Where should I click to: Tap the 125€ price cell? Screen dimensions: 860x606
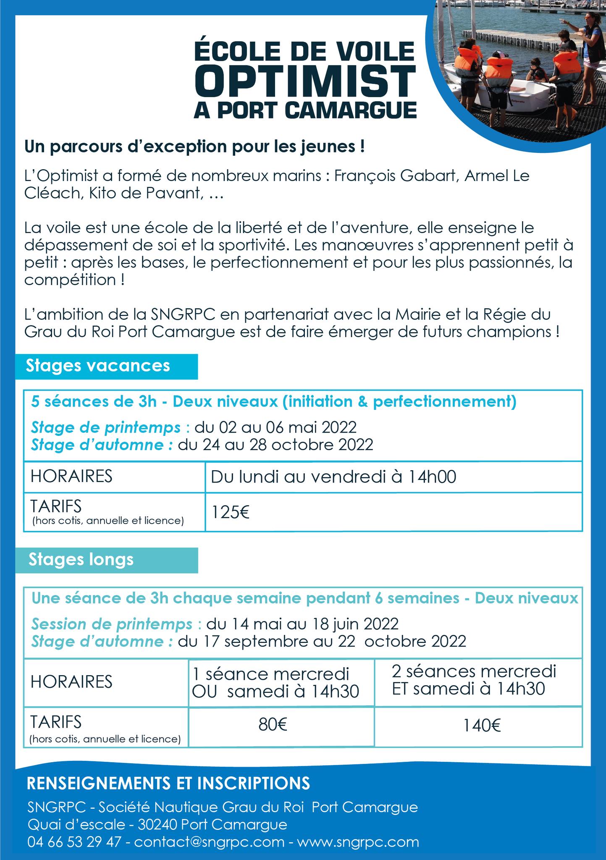(x=231, y=513)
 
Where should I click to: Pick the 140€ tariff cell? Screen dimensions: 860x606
(x=482, y=725)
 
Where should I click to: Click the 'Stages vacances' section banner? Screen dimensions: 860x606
(x=98, y=366)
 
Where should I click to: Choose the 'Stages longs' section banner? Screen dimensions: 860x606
(x=81, y=559)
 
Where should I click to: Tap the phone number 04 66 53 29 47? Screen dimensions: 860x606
(x=74, y=842)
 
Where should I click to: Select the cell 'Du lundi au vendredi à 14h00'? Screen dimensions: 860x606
(x=333, y=477)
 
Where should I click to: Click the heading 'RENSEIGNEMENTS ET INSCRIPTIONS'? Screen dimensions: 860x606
(x=168, y=783)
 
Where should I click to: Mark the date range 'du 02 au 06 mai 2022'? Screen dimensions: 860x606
(x=275, y=427)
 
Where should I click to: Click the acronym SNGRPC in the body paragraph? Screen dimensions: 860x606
(x=185, y=314)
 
